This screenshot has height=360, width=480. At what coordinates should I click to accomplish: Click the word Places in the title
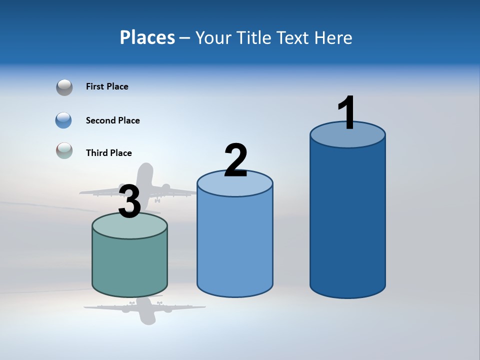pyautogui.click(x=147, y=37)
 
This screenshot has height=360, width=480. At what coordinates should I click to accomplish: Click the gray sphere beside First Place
pyautogui.click(x=64, y=87)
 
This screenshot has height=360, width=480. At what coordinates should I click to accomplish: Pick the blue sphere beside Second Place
pyautogui.click(x=64, y=120)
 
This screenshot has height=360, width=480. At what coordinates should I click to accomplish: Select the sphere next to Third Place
pyautogui.click(x=64, y=150)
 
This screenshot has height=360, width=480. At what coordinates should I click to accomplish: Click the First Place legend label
pyautogui.click(x=107, y=86)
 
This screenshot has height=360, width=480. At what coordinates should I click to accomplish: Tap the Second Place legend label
pyautogui.click(x=113, y=120)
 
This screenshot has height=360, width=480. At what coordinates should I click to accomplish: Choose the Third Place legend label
pyautogui.click(x=109, y=153)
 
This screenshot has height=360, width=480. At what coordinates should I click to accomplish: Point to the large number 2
pyautogui.click(x=236, y=161)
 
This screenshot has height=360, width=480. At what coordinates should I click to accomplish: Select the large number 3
pyautogui.click(x=129, y=201)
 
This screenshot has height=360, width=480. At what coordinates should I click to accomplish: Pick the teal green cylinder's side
pyautogui.click(x=129, y=265)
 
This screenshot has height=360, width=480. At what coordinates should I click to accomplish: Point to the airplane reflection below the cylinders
pyautogui.click(x=145, y=310)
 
